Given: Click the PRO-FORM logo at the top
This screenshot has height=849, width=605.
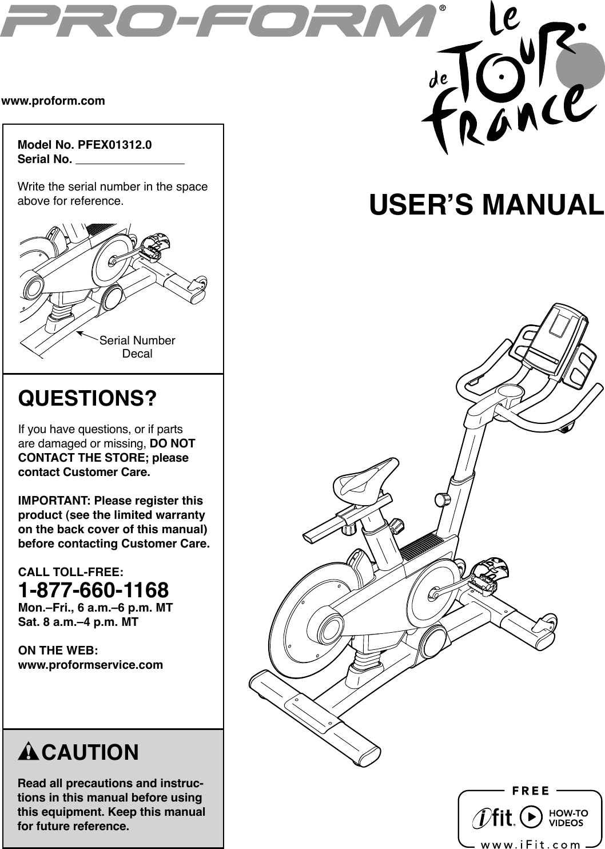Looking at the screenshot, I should (x=220, y=20).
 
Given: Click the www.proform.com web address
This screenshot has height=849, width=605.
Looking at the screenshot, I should (x=54, y=101).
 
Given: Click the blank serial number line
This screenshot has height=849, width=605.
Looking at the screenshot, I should (x=130, y=160).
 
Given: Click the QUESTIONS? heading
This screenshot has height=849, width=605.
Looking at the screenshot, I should (x=88, y=398).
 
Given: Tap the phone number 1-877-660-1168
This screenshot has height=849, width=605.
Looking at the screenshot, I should (x=94, y=589).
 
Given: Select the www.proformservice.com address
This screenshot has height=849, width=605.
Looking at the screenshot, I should (x=91, y=665).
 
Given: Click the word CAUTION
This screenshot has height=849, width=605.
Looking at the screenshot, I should (x=90, y=752).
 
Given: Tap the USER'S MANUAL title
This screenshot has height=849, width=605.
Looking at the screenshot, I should (x=487, y=205).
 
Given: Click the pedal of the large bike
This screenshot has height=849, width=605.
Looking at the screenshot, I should (x=488, y=575).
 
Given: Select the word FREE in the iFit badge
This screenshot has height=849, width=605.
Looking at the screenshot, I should (x=530, y=791).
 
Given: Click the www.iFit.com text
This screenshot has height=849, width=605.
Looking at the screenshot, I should (x=530, y=844).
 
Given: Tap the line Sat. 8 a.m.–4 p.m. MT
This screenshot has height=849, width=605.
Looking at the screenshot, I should (x=78, y=622).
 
